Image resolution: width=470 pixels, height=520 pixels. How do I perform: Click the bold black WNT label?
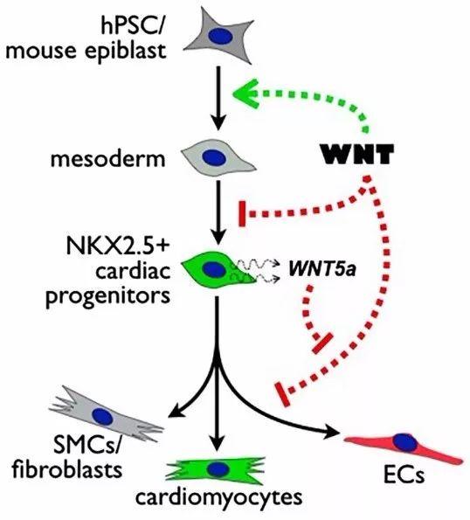coord(356,154)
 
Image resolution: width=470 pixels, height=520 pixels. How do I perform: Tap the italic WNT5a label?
coord(322,270)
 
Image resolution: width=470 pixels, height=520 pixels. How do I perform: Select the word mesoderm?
coord(107,159)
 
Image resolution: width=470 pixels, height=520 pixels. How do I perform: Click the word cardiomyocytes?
coord(218,496)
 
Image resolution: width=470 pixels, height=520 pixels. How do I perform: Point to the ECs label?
coord(404,475)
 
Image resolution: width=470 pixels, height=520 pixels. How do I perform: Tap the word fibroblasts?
coord(67,469)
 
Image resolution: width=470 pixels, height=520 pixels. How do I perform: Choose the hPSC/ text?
coord(131,26)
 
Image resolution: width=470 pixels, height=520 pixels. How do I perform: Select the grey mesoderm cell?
coord(218,157)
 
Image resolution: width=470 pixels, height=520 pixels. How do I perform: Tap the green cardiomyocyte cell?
coord(217,469)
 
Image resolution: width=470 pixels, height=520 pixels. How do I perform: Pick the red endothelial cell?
coord(404,445)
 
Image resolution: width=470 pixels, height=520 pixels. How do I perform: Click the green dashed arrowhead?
coord(246,94)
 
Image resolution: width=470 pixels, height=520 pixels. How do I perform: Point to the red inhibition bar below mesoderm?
coord(242,213)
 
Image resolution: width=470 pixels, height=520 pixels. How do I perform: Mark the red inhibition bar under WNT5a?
coord(322,343)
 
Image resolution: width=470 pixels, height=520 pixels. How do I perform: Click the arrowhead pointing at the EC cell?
coord(334,432)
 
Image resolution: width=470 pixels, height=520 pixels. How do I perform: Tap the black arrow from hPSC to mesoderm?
coord(218,98)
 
